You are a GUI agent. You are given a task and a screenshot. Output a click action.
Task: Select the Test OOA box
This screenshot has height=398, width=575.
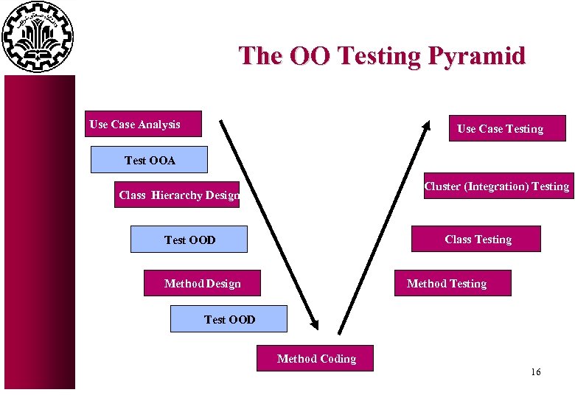pyautogui.click(x=149, y=160)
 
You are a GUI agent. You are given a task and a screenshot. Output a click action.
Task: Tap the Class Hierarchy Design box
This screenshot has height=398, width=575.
pyautogui.click(x=177, y=195)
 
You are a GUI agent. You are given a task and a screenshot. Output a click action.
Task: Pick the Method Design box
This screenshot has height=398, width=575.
pyautogui.click(x=202, y=284)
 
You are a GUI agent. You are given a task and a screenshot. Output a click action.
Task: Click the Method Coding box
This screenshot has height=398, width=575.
pyautogui.click(x=316, y=359)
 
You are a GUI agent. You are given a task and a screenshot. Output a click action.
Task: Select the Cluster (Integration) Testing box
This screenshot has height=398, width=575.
pyautogui.click(x=496, y=186)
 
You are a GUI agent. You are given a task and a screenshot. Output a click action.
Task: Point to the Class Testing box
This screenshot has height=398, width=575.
pyautogui.click(x=476, y=240)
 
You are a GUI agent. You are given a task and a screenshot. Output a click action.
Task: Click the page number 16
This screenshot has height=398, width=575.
pyautogui.click(x=535, y=372)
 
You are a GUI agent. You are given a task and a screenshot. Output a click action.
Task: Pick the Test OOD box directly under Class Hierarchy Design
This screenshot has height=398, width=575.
pyautogui.click(x=189, y=240)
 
